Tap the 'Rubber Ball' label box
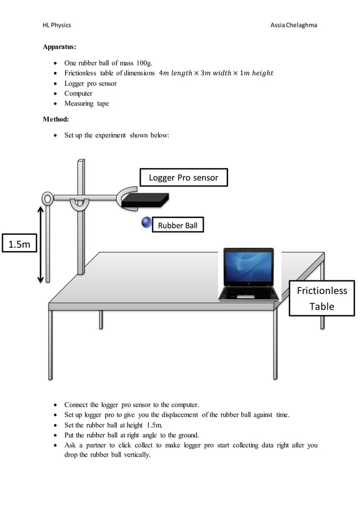[178, 225]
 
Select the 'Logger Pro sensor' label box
[183, 178]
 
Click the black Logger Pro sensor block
[146, 200]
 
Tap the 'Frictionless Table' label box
[322, 298]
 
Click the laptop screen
[249, 270]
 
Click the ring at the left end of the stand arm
[47, 198]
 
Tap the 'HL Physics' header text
[57, 25]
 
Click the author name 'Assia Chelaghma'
[297, 25]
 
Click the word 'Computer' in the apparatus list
[78, 93]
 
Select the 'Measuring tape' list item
[86, 103]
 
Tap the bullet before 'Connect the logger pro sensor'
[54, 405]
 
